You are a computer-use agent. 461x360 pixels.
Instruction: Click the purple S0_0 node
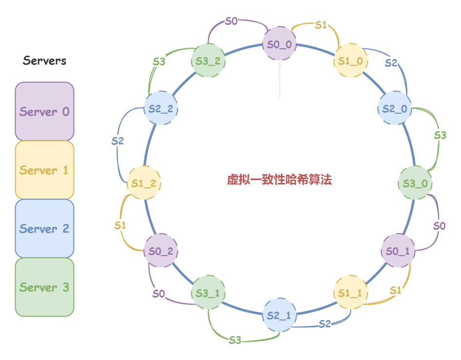[280, 44]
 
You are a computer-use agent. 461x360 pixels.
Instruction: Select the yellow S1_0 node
[350, 61]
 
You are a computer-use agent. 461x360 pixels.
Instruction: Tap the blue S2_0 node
[395, 108]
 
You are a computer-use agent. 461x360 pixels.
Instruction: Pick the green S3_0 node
[415, 183]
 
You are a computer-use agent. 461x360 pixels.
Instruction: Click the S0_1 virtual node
[398, 251]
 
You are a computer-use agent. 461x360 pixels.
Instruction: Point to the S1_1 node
[350, 293]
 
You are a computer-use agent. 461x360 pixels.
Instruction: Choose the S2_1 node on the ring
[279, 315]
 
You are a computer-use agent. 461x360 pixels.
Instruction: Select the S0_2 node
[161, 251]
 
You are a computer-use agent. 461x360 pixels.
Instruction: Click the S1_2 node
[144, 183]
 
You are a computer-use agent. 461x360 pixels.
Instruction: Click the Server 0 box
[44, 111]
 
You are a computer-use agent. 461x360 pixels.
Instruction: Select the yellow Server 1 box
[44, 170]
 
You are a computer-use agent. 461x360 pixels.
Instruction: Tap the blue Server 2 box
[44, 228]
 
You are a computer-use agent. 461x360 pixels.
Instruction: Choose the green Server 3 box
[44, 287]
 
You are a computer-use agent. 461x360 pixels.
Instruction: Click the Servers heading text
[45, 61]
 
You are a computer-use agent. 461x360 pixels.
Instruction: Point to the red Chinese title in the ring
[279, 180]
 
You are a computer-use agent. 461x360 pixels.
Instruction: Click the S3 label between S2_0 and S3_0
[440, 136]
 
